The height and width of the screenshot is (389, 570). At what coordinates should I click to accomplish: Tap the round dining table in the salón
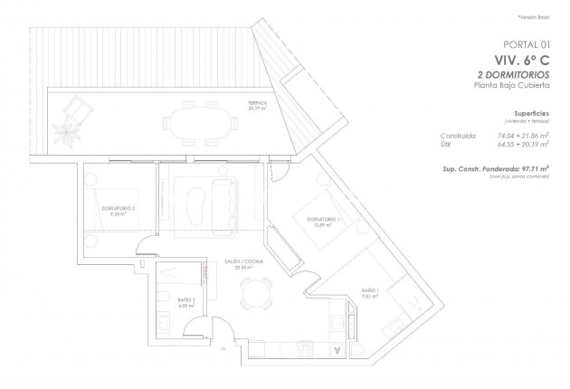(257, 291)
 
